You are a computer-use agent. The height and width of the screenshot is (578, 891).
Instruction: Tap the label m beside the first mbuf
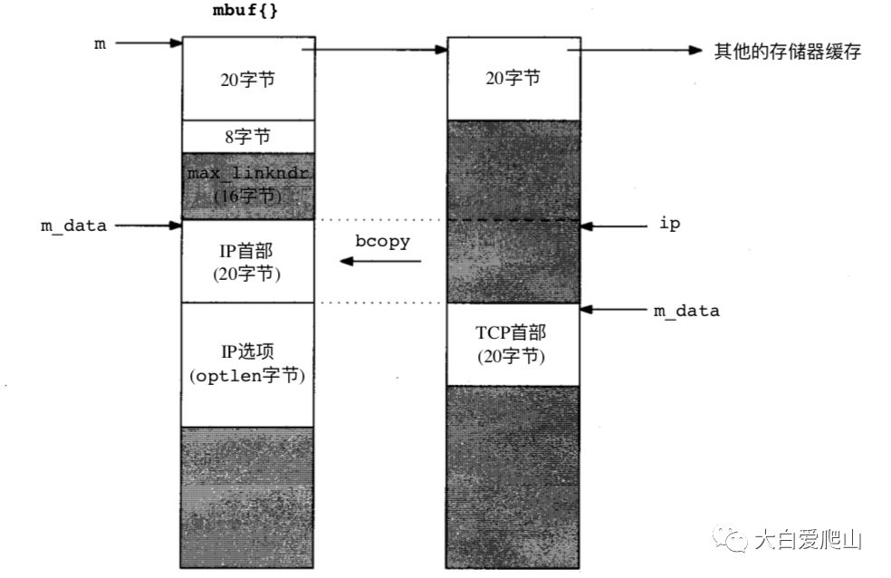[99, 43]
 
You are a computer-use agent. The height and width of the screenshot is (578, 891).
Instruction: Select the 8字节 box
[248, 137]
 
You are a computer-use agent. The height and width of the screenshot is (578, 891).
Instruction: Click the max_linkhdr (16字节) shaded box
[248, 185]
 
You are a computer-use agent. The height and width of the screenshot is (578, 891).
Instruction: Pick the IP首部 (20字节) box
[248, 261]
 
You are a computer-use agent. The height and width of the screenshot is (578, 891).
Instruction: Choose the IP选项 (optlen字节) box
[248, 364]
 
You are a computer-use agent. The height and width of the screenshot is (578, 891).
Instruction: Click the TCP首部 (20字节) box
[512, 343]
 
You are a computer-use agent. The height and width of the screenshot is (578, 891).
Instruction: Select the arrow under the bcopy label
[380, 262]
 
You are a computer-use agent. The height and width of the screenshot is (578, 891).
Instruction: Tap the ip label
[670, 225]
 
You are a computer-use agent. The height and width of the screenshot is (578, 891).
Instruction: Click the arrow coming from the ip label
[609, 225]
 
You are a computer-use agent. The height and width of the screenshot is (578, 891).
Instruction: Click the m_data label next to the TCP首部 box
[686, 311]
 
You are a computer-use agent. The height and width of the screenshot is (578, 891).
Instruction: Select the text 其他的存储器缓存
[787, 51]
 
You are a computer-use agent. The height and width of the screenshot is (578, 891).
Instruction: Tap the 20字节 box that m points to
[248, 80]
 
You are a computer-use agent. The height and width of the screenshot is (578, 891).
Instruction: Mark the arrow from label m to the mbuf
[148, 43]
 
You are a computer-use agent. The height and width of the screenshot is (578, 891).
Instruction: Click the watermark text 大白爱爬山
[808, 542]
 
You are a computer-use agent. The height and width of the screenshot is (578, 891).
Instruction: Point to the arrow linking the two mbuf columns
[381, 51]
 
